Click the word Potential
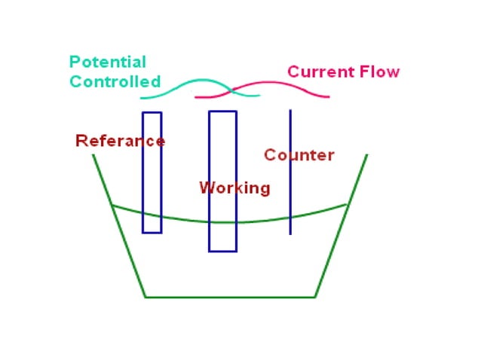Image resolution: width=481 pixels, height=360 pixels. click(107, 63)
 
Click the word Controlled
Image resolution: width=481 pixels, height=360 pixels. click(115, 81)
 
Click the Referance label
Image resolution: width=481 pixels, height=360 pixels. click(120, 141)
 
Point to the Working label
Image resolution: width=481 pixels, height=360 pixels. click(234, 188)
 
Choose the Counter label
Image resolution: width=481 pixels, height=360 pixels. click(299, 155)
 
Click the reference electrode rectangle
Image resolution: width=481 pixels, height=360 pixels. click(152, 172)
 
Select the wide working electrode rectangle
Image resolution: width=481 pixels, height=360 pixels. click(222, 151)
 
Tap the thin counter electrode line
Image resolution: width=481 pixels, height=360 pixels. click(290, 181)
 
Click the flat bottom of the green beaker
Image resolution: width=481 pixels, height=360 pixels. click(230, 297)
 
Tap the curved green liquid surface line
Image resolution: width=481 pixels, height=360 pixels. click(181, 218)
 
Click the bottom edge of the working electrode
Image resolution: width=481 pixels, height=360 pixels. click(222, 251)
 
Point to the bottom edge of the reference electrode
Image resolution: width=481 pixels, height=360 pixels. click(152, 232)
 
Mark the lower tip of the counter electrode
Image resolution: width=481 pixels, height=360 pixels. click(290, 233)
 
